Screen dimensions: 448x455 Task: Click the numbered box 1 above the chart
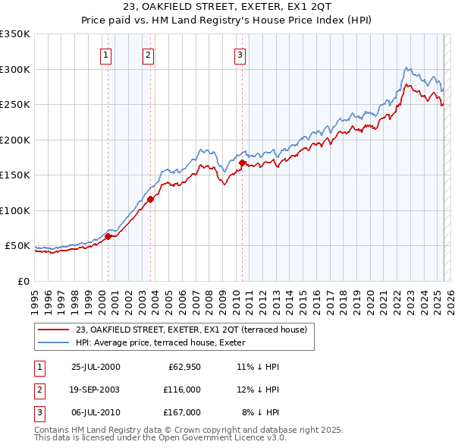click(x=105, y=55)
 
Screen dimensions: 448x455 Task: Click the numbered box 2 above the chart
click(x=148, y=55)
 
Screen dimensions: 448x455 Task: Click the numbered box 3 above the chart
click(x=240, y=55)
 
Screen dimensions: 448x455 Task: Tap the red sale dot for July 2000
click(x=108, y=236)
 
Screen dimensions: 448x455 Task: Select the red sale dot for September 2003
click(x=151, y=199)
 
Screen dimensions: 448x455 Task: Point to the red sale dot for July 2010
click(x=242, y=162)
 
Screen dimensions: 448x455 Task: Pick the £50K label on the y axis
click(x=17, y=246)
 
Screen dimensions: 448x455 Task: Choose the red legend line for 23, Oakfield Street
click(x=55, y=330)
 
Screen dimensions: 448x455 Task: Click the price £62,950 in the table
click(x=180, y=367)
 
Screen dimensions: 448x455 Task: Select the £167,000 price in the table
click(x=180, y=412)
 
